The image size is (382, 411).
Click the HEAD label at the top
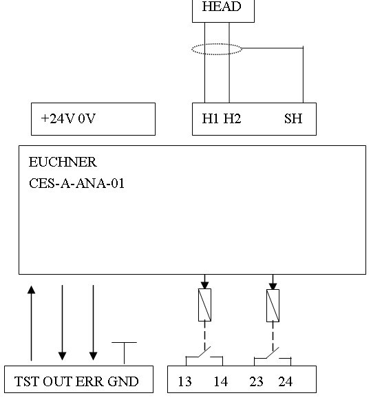[x=222, y=6]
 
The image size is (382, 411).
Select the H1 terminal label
[x=210, y=118]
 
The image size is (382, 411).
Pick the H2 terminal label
[x=232, y=118]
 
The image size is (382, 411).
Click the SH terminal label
[x=293, y=118]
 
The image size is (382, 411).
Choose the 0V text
[x=87, y=118]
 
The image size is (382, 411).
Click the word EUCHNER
[x=63, y=162]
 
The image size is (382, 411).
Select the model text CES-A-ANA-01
[x=76, y=183]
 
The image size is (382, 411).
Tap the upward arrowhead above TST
[x=31, y=289]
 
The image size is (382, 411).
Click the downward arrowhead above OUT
[x=63, y=356]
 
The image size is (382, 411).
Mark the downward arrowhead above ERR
[x=94, y=356]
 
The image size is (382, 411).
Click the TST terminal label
[x=28, y=381]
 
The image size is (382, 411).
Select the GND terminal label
[x=123, y=381]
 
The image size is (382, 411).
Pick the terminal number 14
[x=221, y=381]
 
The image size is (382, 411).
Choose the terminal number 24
[x=285, y=381]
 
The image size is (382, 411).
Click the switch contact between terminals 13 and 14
[x=204, y=352]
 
